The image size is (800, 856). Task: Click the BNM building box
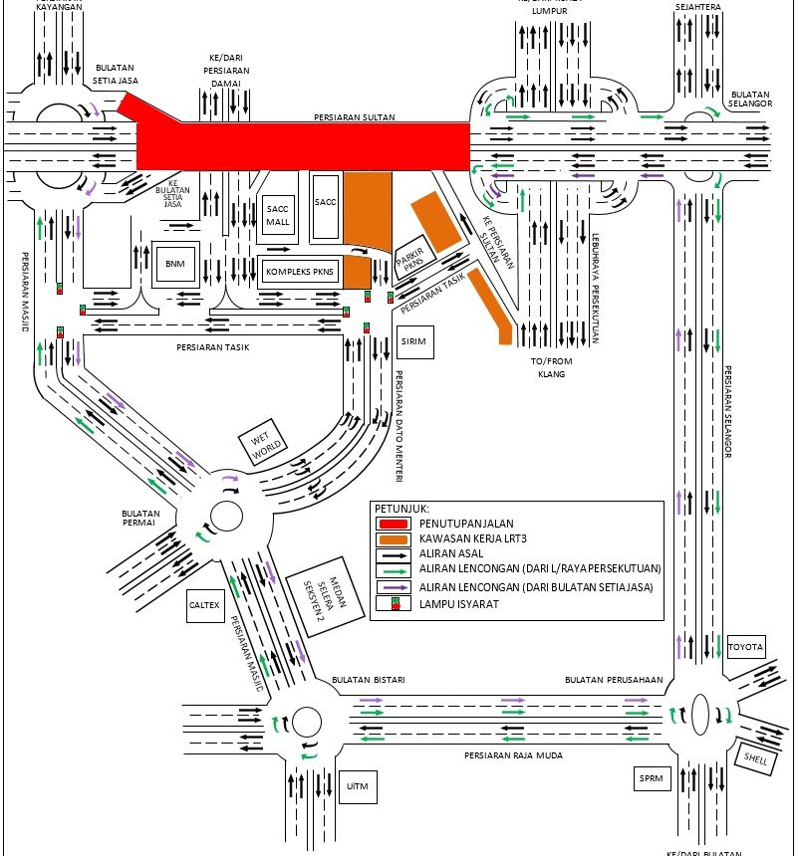[175, 264]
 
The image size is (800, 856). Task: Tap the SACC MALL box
[276, 215]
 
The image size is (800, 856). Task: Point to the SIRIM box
[413, 341]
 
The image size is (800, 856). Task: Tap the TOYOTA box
[745, 647]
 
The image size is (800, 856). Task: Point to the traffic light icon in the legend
[396, 603]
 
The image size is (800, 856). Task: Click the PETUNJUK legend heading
[400, 507]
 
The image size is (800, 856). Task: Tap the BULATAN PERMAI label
[141, 519]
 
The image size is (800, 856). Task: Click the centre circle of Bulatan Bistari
[307, 720]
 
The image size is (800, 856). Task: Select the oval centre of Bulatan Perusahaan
[699, 715]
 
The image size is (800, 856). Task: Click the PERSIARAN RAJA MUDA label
[514, 755]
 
